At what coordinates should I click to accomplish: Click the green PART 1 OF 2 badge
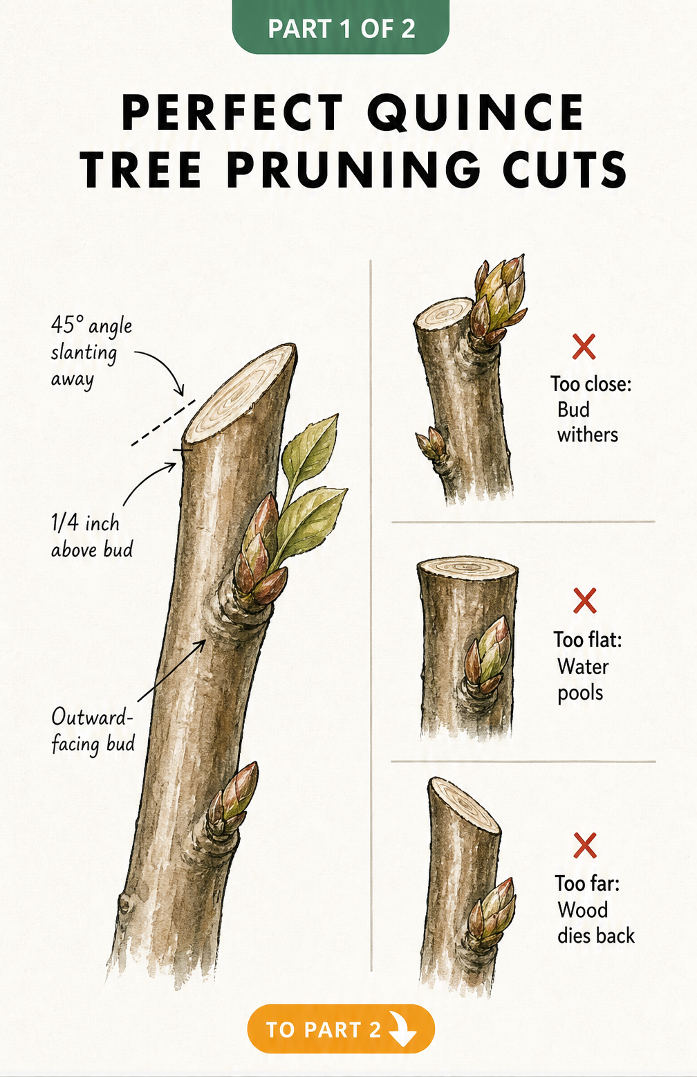click(x=341, y=26)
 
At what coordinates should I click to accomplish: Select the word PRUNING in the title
click(x=353, y=170)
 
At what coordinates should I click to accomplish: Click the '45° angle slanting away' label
click(x=91, y=352)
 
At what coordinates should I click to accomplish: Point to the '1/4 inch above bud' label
click(x=91, y=536)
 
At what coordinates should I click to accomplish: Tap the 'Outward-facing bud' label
click(x=93, y=731)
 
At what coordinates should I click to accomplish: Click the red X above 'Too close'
click(x=584, y=347)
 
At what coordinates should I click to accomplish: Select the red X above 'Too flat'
click(x=584, y=601)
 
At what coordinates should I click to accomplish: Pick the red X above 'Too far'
click(x=584, y=846)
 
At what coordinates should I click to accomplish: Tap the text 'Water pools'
click(x=583, y=680)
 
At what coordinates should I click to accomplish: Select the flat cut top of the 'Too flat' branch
click(x=467, y=568)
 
